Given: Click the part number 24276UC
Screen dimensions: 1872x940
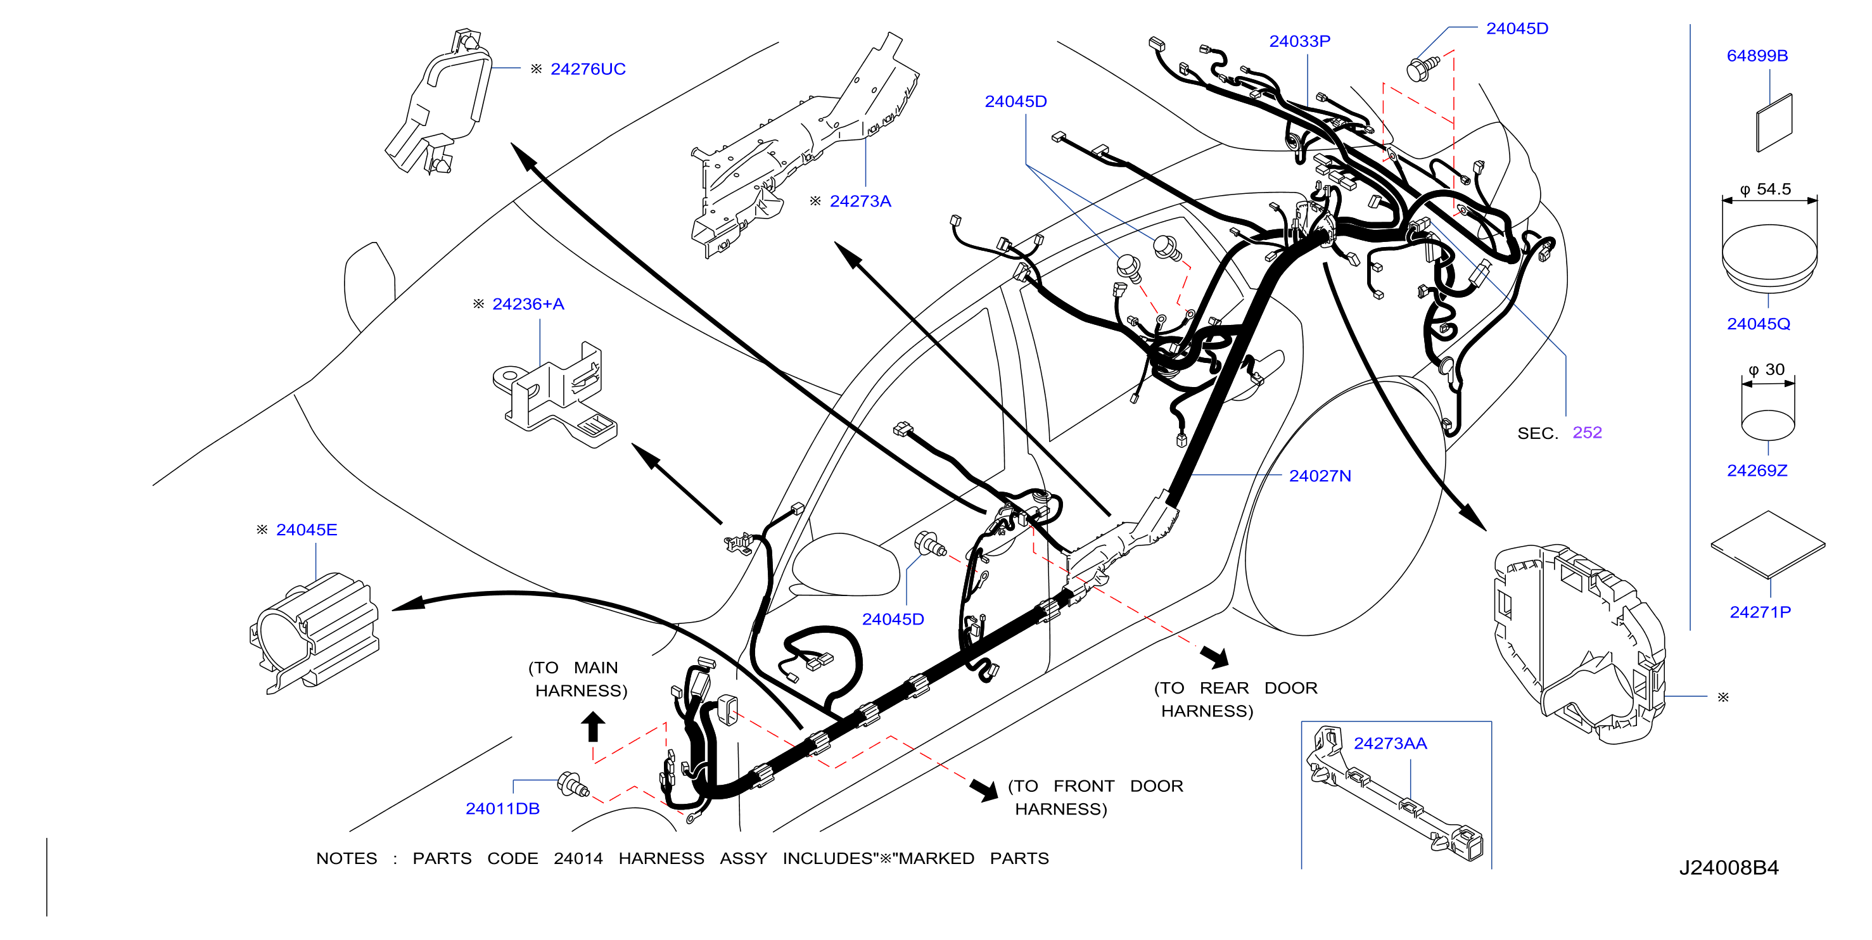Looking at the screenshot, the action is click(587, 69).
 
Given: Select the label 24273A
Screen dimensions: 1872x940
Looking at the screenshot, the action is click(860, 201).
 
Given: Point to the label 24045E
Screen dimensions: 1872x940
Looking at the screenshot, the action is click(306, 530).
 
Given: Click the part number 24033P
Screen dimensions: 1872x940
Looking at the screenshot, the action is click(1299, 41).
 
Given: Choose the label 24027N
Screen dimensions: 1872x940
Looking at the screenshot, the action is click(1320, 476).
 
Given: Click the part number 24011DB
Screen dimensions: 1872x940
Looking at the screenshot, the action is click(502, 808).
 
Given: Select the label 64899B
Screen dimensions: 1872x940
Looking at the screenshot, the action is click(1757, 56).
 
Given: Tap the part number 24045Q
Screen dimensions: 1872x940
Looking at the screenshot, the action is click(1758, 324).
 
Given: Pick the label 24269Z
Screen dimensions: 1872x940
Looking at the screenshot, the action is click(1757, 471).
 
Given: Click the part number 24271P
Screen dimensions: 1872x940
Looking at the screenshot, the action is click(1759, 612).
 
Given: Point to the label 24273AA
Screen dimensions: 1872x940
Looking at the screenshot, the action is click(1389, 743).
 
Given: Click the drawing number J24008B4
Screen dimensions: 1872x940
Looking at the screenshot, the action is click(1728, 867).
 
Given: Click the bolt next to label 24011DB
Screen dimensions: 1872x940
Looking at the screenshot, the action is click(573, 785).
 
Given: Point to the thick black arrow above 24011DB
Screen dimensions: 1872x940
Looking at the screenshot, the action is click(593, 726).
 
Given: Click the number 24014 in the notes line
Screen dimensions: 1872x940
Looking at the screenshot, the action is click(578, 859).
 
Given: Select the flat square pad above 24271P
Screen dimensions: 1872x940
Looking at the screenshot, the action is click(1767, 544).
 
